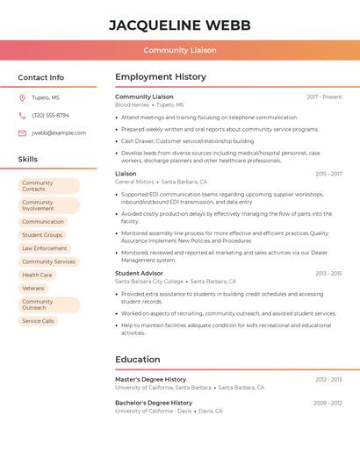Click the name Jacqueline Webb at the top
(180, 25)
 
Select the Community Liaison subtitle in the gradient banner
(180, 50)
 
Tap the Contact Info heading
(40, 77)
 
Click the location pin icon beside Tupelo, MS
(22, 97)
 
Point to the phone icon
(22, 115)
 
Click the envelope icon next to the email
(22, 132)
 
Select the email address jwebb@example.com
(59, 132)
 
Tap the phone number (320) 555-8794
(50, 115)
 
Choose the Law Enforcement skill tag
(44, 248)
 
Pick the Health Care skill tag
(37, 275)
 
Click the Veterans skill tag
(33, 288)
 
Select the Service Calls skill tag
(38, 321)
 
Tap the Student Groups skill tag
(42, 235)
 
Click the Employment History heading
(161, 77)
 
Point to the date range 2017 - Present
(324, 97)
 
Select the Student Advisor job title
(139, 273)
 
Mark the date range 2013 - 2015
(328, 273)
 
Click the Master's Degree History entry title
(151, 379)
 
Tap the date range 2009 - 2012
(328, 403)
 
